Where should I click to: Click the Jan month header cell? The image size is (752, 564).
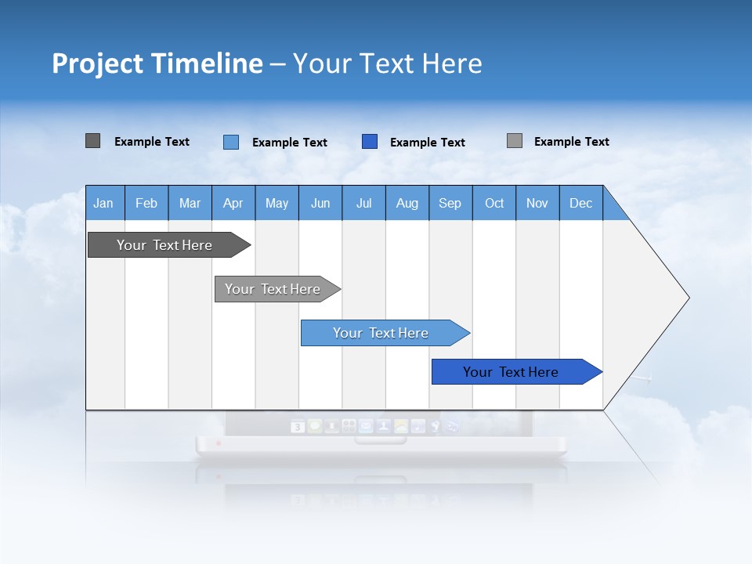[x=104, y=203]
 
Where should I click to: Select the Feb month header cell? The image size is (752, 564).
[x=146, y=203]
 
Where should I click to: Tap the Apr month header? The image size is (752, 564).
[x=233, y=203]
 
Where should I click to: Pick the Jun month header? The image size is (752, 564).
[x=320, y=203]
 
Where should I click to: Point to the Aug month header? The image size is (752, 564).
[x=407, y=203]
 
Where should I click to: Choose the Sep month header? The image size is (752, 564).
[x=450, y=203]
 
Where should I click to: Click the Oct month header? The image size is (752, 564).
[x=494, y=203]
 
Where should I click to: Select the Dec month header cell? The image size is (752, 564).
[x=581, y=203]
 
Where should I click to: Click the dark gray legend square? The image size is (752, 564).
[x=93, y=141]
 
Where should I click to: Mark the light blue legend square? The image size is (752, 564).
[x=231, y=142]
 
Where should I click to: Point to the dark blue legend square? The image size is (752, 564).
[x=370, y=142]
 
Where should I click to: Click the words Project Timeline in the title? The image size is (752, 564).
[x=157, y=63]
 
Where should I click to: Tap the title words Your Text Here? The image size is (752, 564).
[x=388, y=63]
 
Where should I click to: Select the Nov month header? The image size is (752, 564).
[x=537, y=203]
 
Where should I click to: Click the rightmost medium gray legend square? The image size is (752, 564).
[x=515, y=141]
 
